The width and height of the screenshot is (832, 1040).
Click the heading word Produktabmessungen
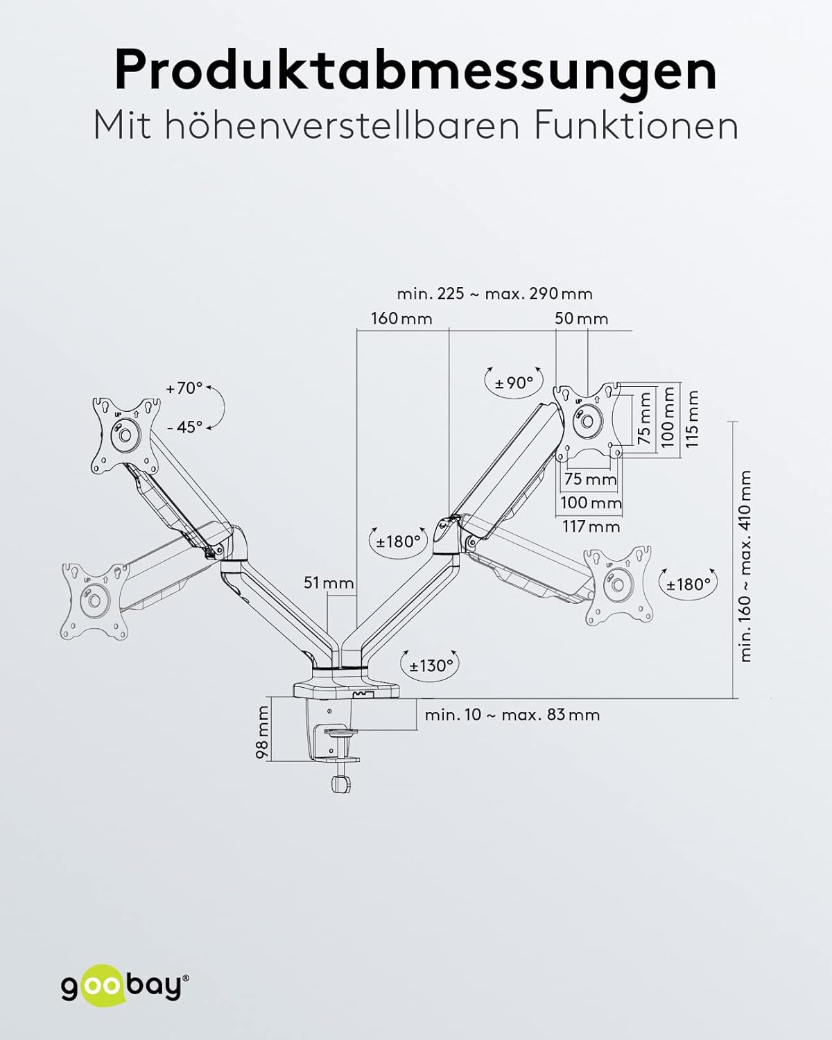tap(415, 70)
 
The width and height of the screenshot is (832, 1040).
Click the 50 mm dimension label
tap(581, 318)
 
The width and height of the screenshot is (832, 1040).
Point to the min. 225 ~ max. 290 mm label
tap(494, 293)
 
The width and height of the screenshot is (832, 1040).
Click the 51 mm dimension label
tap(329, 583)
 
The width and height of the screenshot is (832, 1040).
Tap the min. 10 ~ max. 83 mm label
tap(512, 715)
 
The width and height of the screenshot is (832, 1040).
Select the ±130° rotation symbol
tap(431, 666)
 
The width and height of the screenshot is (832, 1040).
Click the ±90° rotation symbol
tap(514, 382)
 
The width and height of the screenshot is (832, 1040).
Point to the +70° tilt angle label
tap(184, 388)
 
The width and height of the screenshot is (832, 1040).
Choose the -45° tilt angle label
tap(184, 427)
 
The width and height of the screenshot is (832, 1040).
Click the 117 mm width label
tap(591, 526)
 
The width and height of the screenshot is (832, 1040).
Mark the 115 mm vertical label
tap(691, 417)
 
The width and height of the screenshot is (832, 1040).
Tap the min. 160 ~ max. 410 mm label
tap(745, 566)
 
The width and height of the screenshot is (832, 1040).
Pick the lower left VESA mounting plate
tap(95, 600)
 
